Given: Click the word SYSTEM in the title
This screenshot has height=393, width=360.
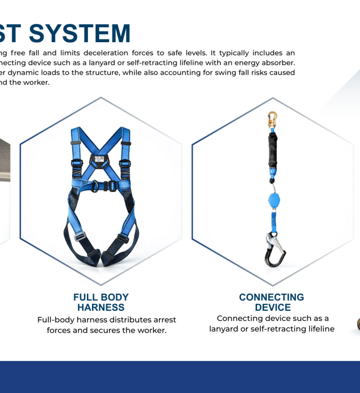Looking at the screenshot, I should (x=80, y=33).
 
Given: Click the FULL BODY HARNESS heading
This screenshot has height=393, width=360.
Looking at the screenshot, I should (x=101, y=302).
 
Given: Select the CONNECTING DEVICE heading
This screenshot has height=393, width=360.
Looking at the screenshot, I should (x=272, y=302).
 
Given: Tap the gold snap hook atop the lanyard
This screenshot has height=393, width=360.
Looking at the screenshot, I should (x=272, y=121).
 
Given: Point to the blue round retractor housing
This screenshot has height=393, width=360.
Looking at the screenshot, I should (x=273, y=201).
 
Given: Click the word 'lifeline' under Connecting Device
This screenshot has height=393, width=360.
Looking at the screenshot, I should (x=318, y=329).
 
